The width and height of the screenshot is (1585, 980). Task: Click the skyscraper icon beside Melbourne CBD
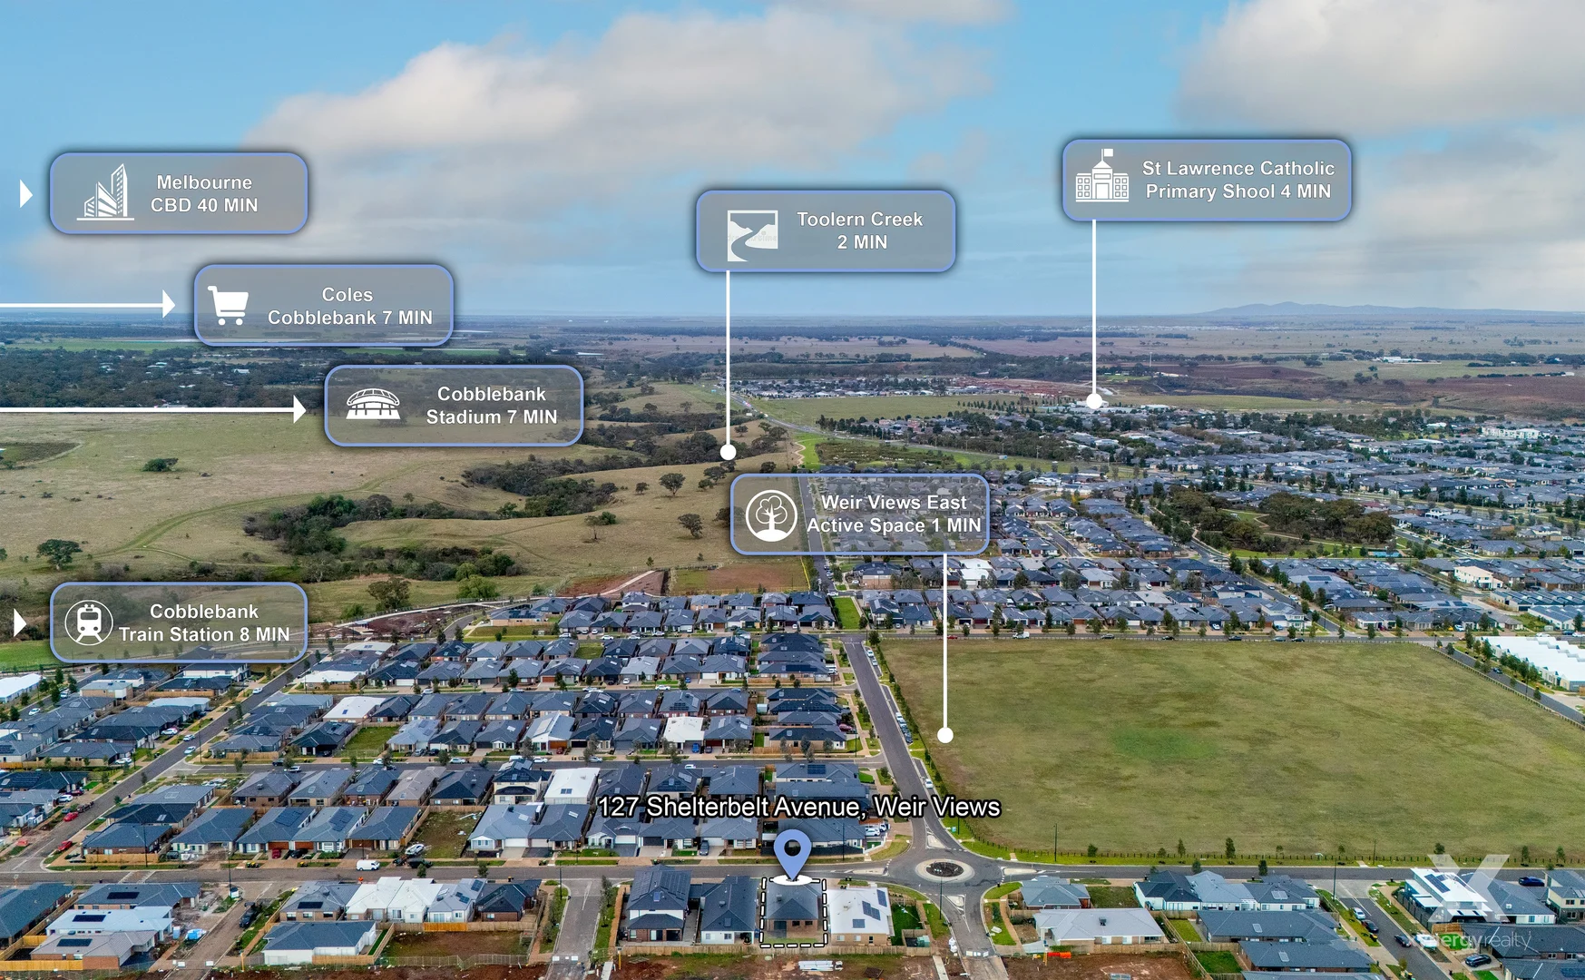(x=105, y=192)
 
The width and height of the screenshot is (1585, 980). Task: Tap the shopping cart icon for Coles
(x=229, y=305)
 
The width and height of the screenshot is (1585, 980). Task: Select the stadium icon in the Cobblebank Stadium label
(x=373, y=405)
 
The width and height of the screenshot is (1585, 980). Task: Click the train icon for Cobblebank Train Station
(x=89, y=622)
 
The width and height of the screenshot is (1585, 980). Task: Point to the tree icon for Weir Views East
(x=771, y=514)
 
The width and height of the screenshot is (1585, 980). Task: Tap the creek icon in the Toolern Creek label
(x=752, y=236)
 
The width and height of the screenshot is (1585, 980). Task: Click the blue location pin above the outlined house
(x=792, y=853)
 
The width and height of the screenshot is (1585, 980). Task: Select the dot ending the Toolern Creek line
(x=728, y=452)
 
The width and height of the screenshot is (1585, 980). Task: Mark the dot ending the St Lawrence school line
(x=1094, y=401)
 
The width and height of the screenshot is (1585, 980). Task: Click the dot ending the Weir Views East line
(x=945, y=735)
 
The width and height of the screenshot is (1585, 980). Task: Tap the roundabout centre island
(x=944, y=869)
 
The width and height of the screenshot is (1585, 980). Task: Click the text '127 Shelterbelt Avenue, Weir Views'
(x=799, y=807)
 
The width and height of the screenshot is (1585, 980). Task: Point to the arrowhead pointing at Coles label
(x=169, y=304)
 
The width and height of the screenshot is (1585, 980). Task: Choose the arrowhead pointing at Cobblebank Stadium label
(x=300, y=409)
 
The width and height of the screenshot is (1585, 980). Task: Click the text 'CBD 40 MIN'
(x=204, y=205)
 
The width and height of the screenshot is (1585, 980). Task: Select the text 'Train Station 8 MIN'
(x=204, y=634)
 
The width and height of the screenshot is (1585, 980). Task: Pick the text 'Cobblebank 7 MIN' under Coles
(x=350, y=318)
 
